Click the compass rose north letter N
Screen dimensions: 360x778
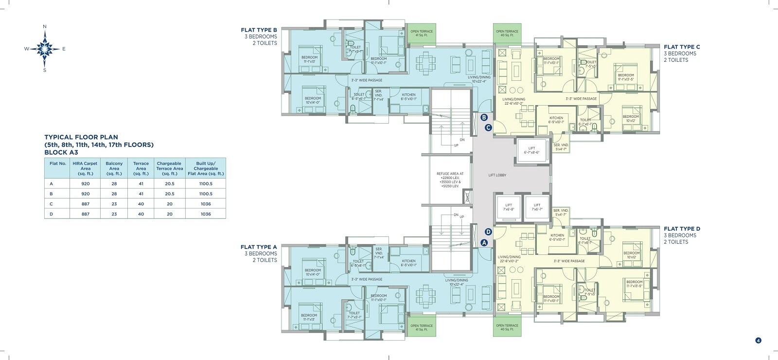[45, 26]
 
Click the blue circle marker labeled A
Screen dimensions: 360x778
[484, 242]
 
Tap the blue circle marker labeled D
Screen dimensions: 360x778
[488, 232]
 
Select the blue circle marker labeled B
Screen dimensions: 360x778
[484, 117]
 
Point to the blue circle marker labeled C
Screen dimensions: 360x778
[488, 128]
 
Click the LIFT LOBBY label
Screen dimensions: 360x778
[497, 175]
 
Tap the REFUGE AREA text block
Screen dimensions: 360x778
[450, 180]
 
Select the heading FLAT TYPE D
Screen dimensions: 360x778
[682, 229]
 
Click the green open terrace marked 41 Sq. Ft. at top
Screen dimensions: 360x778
[421, 34]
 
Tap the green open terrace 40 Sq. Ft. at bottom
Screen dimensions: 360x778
[507, 327]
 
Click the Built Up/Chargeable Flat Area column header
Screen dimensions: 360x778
[206, 168]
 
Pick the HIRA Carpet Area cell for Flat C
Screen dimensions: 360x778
[85, 204]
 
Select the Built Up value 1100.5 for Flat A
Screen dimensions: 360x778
[206, 184]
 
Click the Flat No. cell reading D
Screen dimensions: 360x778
[51, 214]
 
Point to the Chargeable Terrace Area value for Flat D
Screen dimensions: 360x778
[170, 214]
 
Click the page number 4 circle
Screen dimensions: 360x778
[758, 341]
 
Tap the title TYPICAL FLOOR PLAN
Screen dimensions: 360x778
[81, 137]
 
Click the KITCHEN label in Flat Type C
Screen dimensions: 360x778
[556, 118]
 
